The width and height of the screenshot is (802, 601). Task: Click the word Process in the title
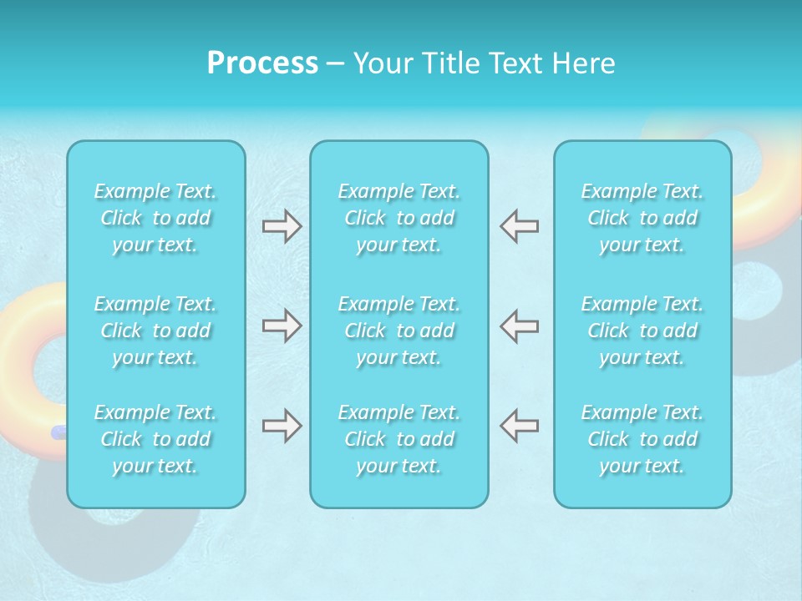click(262, 63)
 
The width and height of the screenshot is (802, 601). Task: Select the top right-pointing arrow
click(282, 226)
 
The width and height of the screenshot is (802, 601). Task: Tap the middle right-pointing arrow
click(282, 326)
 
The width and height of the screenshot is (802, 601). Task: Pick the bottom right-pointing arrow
click(282, 426)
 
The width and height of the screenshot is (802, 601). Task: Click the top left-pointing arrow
click(520, 226)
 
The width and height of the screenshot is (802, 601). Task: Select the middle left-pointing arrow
click(520, 326)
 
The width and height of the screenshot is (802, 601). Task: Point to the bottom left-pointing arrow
click(520, 426)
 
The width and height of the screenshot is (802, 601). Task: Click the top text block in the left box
click(155, 218)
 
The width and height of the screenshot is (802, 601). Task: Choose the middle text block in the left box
click(155, 331)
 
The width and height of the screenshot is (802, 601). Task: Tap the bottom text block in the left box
click(155, 439)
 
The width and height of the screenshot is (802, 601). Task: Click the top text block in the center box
click(399, 218)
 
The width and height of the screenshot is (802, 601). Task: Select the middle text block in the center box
click(399, 331)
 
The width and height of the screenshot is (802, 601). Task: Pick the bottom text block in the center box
click(399, 439)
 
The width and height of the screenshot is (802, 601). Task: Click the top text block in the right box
click(642, 218)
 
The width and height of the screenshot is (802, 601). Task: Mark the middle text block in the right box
click(642, 331)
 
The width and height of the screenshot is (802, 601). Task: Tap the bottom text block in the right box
click(642, 439)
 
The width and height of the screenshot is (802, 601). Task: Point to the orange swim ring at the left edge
click(25, 317)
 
